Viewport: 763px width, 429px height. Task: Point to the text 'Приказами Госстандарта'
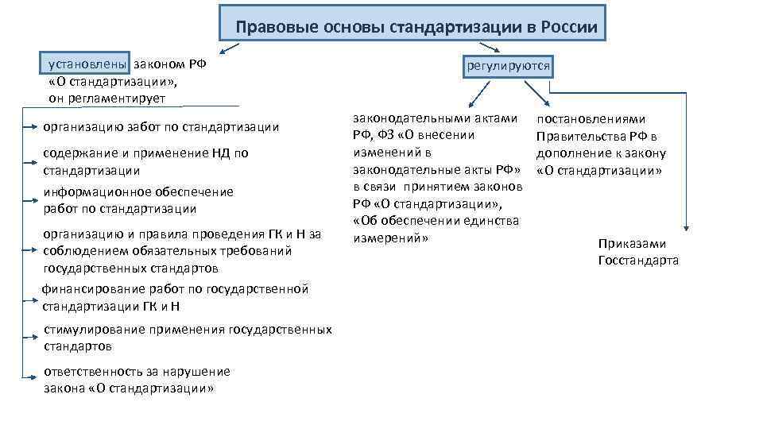pos(637,252)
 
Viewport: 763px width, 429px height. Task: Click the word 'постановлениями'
pos(591,119)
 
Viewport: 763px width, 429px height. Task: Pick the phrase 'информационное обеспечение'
pos(138,191)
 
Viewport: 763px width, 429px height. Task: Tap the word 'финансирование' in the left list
pos(93,288)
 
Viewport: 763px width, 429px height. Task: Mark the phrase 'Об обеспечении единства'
pos(437,220)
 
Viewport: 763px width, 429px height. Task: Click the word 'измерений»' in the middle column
pos(385,238)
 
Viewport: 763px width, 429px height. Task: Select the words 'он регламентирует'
pos(102,98)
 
